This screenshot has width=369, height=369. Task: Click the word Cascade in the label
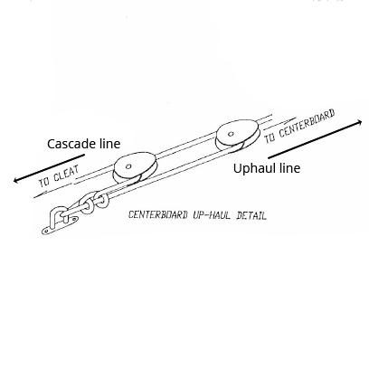(71, 144)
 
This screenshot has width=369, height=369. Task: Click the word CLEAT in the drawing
(67, 175)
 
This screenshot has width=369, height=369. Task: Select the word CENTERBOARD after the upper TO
(307, 124)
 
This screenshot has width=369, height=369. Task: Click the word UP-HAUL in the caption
(211, 215)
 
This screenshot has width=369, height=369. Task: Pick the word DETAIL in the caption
(251, 216)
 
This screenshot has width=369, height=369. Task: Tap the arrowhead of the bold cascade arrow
(16, 180)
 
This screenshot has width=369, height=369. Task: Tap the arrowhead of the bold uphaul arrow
(359, 122)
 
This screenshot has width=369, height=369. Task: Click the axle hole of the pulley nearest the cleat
(128, 166)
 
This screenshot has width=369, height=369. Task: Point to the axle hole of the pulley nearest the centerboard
(231, 134)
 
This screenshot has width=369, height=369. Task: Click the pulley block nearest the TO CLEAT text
(135, 168)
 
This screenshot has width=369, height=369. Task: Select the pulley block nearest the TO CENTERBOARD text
(237, 136)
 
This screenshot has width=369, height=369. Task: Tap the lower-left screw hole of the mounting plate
(46, 232)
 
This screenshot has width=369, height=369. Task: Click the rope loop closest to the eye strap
(86, 204)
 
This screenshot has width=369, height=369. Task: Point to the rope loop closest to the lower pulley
(101, 200)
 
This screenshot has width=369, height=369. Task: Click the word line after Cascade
(109, 144)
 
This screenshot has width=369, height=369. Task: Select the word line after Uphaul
(289, 168)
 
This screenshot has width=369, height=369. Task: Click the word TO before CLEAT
(44, 182)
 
